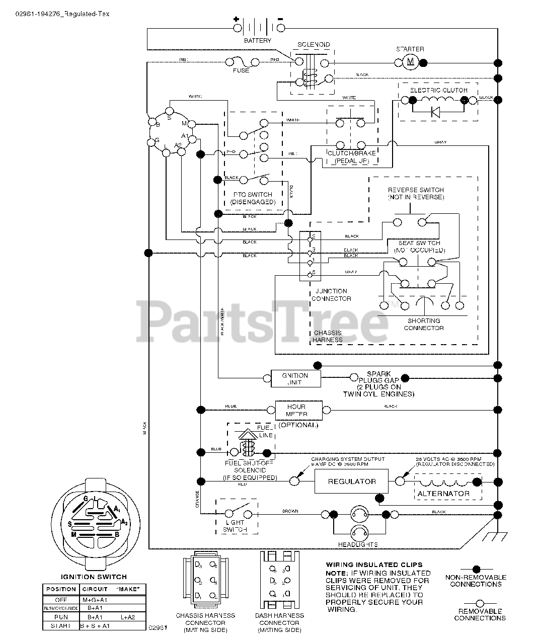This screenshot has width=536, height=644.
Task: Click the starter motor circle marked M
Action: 410,62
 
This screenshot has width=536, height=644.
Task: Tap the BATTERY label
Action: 257,40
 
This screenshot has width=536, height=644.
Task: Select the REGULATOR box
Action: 352,481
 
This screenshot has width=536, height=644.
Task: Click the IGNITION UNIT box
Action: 295,379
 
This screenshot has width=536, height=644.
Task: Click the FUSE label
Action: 241,70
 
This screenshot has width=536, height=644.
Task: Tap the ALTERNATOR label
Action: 443,494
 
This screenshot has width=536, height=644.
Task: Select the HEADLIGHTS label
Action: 358,544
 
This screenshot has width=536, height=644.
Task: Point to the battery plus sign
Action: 236,20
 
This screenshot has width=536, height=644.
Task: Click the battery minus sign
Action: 280,20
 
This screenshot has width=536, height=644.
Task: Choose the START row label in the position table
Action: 60,626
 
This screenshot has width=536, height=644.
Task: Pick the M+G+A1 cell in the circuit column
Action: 95,600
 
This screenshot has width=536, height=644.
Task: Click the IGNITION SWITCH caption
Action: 94,577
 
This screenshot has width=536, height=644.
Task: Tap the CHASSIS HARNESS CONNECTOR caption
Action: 205,622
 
